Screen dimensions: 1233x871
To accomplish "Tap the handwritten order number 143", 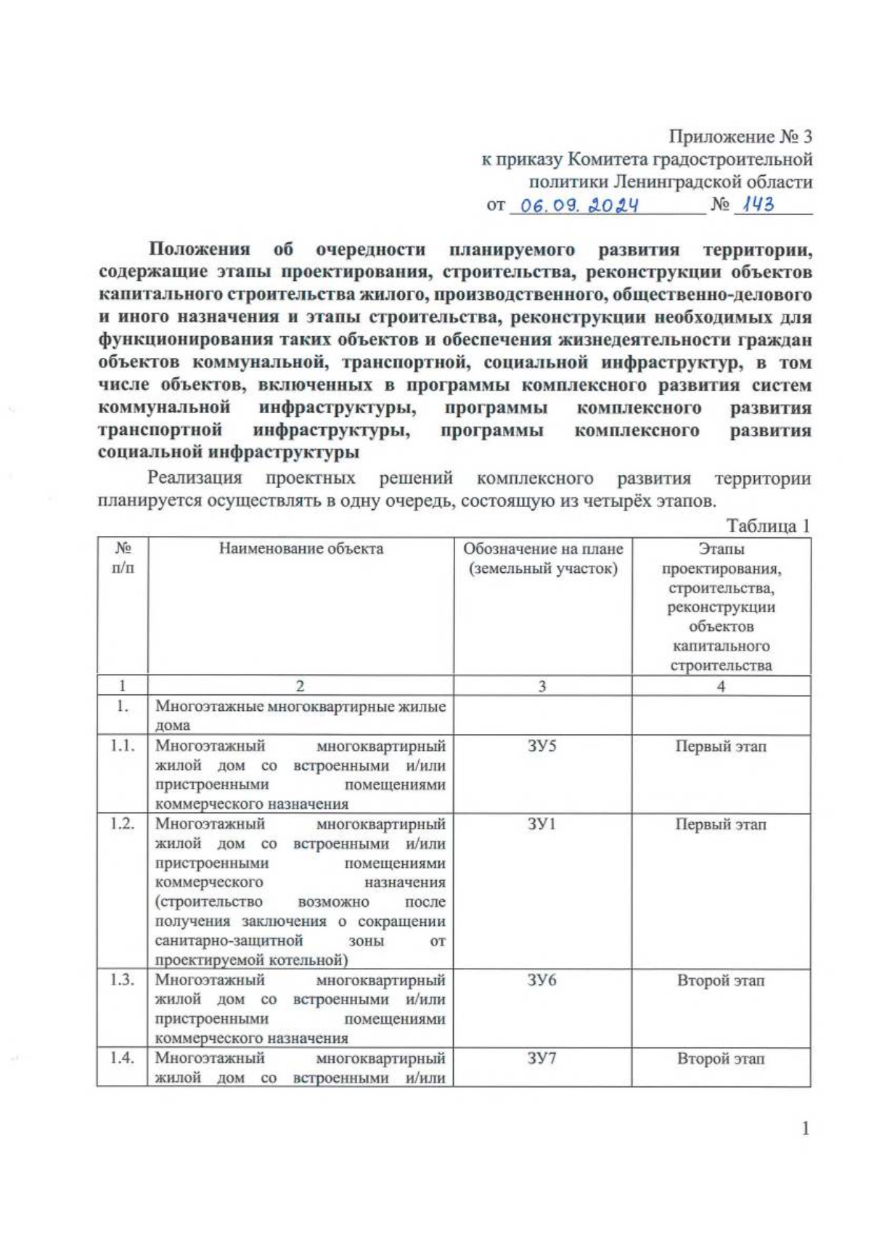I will click(x=755, y=205).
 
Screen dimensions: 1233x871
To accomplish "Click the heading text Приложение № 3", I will click(x=740, y=137).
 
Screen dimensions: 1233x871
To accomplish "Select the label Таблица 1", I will click(x=768, y=526).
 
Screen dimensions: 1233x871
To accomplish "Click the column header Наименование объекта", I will click(x=300, y=548).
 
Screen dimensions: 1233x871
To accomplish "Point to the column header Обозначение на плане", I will click(x=543, y=549).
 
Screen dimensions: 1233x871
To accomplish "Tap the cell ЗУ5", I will click(x=542, y=746).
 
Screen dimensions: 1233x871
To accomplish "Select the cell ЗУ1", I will click(x=542, y=824).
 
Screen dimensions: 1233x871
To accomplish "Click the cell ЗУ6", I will click(x=542, y=980).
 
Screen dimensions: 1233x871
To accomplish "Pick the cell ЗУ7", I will click(x=542, y=1059).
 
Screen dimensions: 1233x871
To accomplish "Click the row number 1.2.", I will click(x=123, y=824).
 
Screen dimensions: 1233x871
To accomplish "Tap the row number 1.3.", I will click(x=123, y=980).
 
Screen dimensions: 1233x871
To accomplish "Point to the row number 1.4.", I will click(x=123, y=1059).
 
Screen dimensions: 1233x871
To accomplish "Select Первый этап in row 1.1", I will click(x=721, y=746).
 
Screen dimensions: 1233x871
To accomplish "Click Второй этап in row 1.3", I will click(x=721, y=981).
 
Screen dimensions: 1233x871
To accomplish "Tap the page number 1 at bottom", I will click(x=805, y=1128).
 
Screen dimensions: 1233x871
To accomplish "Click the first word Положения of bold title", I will click(x=200, y=250).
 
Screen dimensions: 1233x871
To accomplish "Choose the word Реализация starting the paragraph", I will click(x=195, y=479).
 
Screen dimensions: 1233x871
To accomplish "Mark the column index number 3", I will click(x=542, y=686).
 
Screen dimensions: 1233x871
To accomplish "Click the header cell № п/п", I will click(x=123, y=558).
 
